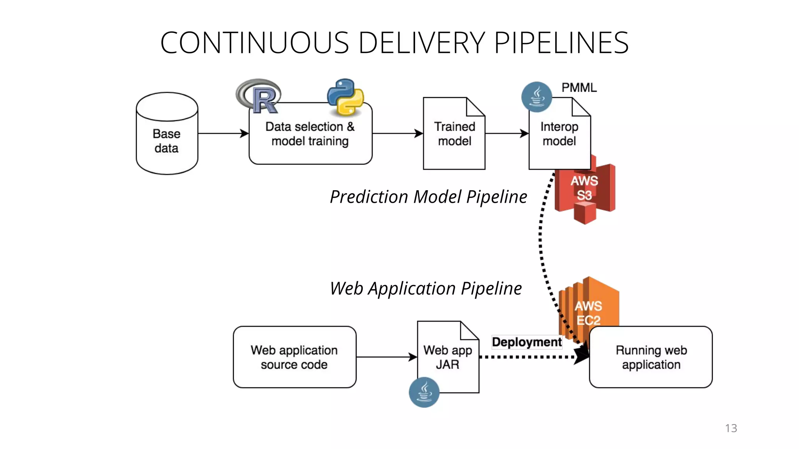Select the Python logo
pos(345,97)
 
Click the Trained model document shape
pos(454,134)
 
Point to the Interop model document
pos(559,134)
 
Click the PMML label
pos(579,88)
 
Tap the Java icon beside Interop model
pos(537,97)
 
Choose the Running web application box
pos(651,357)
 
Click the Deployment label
pos(527,342)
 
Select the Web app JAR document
pos(448,357)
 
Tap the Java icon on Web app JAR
pos(424,392)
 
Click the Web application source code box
pos(295,357)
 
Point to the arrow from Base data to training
pos(223,134)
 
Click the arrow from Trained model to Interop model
pos(506,134)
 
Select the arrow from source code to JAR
pos(386,357)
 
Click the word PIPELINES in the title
pos(561,43)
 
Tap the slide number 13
pos(731,428)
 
